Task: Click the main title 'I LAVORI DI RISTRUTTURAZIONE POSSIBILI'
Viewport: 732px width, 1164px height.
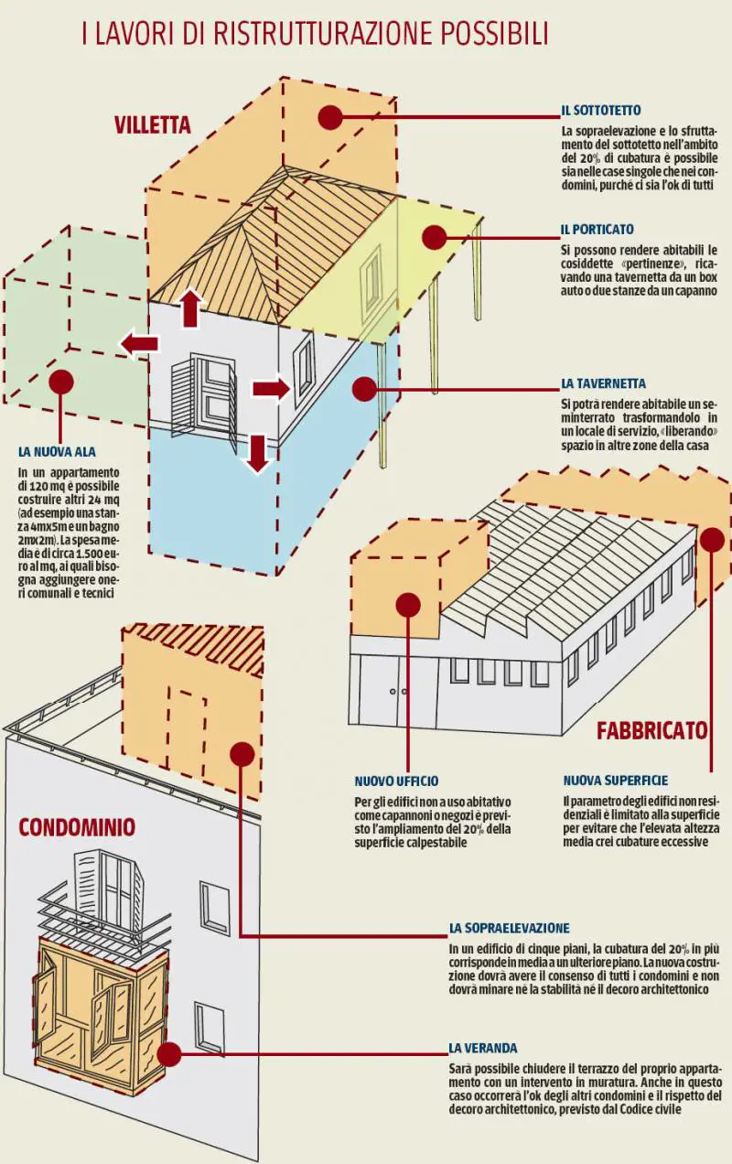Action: pyautogui.click(x=315, y=34)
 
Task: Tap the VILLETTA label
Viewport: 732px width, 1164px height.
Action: pyautogui.click(x=153, y=125)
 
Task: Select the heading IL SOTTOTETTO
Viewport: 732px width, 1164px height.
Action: pyautogui.click(x=601, y=111)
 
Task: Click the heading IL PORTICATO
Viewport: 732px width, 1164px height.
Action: pyautogui.click(x=597, y=229)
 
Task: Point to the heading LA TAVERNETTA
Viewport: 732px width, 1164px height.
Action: pyautogui.click(x=604, y=383)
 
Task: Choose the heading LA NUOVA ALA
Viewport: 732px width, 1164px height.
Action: pyautogui.click(x=57, y=451)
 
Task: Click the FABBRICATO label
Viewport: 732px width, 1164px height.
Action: pyautogui.click(x=651, y=730)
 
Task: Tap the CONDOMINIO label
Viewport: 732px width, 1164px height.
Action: pyautogui.click(x=77, y=828)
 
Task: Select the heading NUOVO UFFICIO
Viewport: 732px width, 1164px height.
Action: pyautogui.click(x=396, y=781)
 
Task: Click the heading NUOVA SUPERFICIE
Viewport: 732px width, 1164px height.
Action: pyautogui.click(x=615, y=781)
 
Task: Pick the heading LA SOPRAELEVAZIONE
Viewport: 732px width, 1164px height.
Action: pyautogui.click(x=509, y=928)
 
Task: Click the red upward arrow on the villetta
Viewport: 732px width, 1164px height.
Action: pyautogui.click(x=190, y=308)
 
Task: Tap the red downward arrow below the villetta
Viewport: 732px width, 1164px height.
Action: pyautogui.click(x=258, y=453)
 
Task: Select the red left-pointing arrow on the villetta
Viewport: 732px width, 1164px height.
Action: pyautogui.click(x=139, y=344)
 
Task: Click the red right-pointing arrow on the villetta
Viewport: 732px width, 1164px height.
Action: pyautogui.click(x=270, y=389)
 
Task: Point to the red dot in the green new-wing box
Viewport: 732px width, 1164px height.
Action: pyautogui.click(x=60, y=382)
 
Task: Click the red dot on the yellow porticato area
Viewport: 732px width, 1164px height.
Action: pyautogui.click(x=434, y=238)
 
